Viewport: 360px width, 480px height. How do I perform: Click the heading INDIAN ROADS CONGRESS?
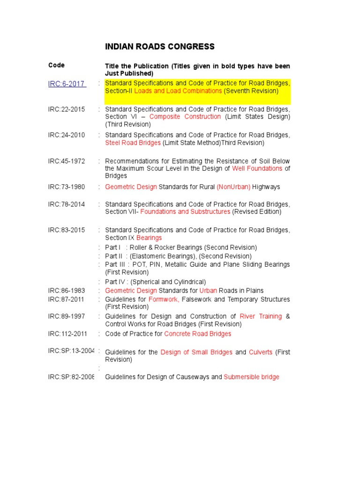coord(159,46)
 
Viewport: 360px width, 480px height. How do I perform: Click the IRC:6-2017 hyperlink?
coord(66,84)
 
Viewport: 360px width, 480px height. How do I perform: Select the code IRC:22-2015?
coord(67,109)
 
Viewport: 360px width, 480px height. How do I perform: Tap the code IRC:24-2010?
coord(67,135)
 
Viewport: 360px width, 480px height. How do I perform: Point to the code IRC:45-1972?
coord(67,161)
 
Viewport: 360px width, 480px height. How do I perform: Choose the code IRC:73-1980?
coord(67,187)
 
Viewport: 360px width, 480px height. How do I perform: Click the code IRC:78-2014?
coord(67,204)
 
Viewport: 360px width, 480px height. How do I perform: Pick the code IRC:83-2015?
coord(67,230)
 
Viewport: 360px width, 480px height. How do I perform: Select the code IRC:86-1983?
coord(67,291)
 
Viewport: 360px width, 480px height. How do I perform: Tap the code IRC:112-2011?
coord(68,334)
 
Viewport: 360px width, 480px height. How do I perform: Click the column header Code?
coord(56,65)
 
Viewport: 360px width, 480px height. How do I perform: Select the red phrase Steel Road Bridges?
coord(133,142)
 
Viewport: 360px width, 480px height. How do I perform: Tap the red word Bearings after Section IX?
coord(149,238)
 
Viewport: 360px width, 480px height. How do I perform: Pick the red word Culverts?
coord(260,352)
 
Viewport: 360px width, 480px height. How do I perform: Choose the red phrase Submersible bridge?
coord(251,377)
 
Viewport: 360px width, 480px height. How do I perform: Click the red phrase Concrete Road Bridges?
coord(198,334)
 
